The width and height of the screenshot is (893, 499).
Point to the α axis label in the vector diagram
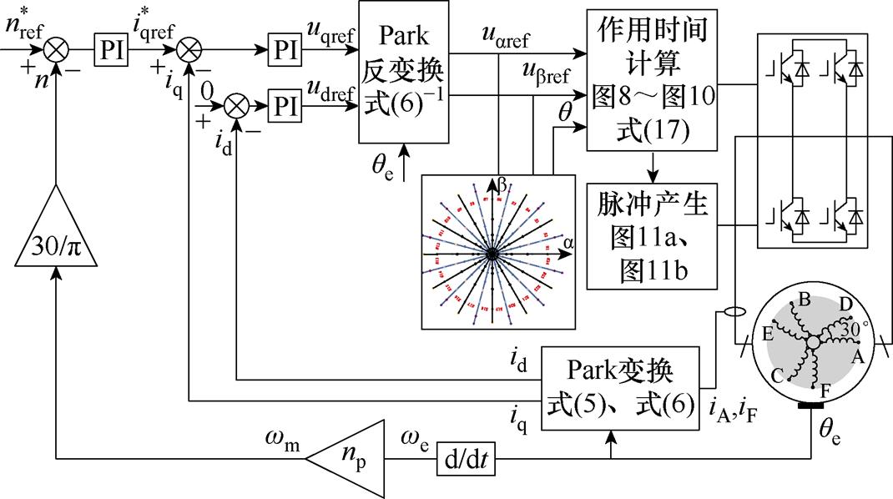[x=568, y=243]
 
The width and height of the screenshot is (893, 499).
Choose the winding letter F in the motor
[x=824, y=389]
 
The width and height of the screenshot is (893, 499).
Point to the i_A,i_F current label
[x=734, y=409]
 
